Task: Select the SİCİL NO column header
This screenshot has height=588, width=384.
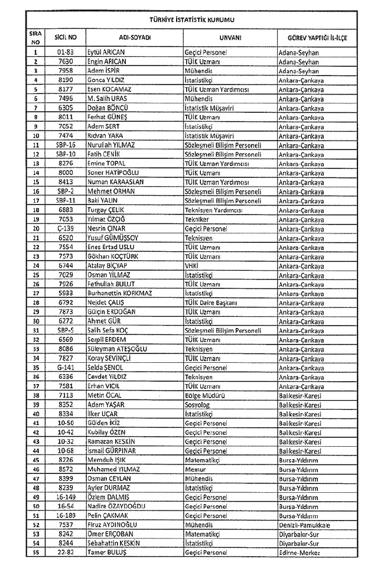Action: tap(66, 37)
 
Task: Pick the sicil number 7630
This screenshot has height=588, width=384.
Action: tap(66, 61)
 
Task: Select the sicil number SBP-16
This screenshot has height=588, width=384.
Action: tap(66, 145)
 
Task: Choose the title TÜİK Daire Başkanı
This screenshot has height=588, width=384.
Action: tap(211, 303)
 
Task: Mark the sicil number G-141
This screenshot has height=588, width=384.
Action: tap(66, 368)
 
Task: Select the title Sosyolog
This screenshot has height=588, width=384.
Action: tap(198, 405)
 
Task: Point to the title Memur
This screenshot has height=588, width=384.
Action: tap(196, 469)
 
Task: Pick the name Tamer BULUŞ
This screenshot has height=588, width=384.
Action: tap(107, 553)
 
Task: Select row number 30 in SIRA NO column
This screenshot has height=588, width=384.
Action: tap(36, 321)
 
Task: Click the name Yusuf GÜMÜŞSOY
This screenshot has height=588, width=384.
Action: tap(113, 238)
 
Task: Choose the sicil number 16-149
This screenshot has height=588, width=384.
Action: tap(66, 497)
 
